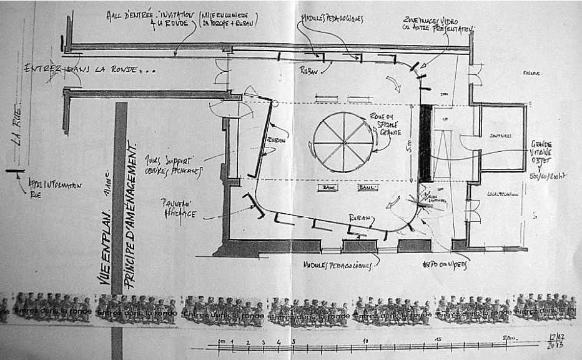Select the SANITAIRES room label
coord(500,135)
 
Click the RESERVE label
coord(531,73)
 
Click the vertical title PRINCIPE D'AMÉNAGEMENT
coord(132,216)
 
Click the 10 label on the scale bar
coord(365,341)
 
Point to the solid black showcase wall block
coord(425,143)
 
